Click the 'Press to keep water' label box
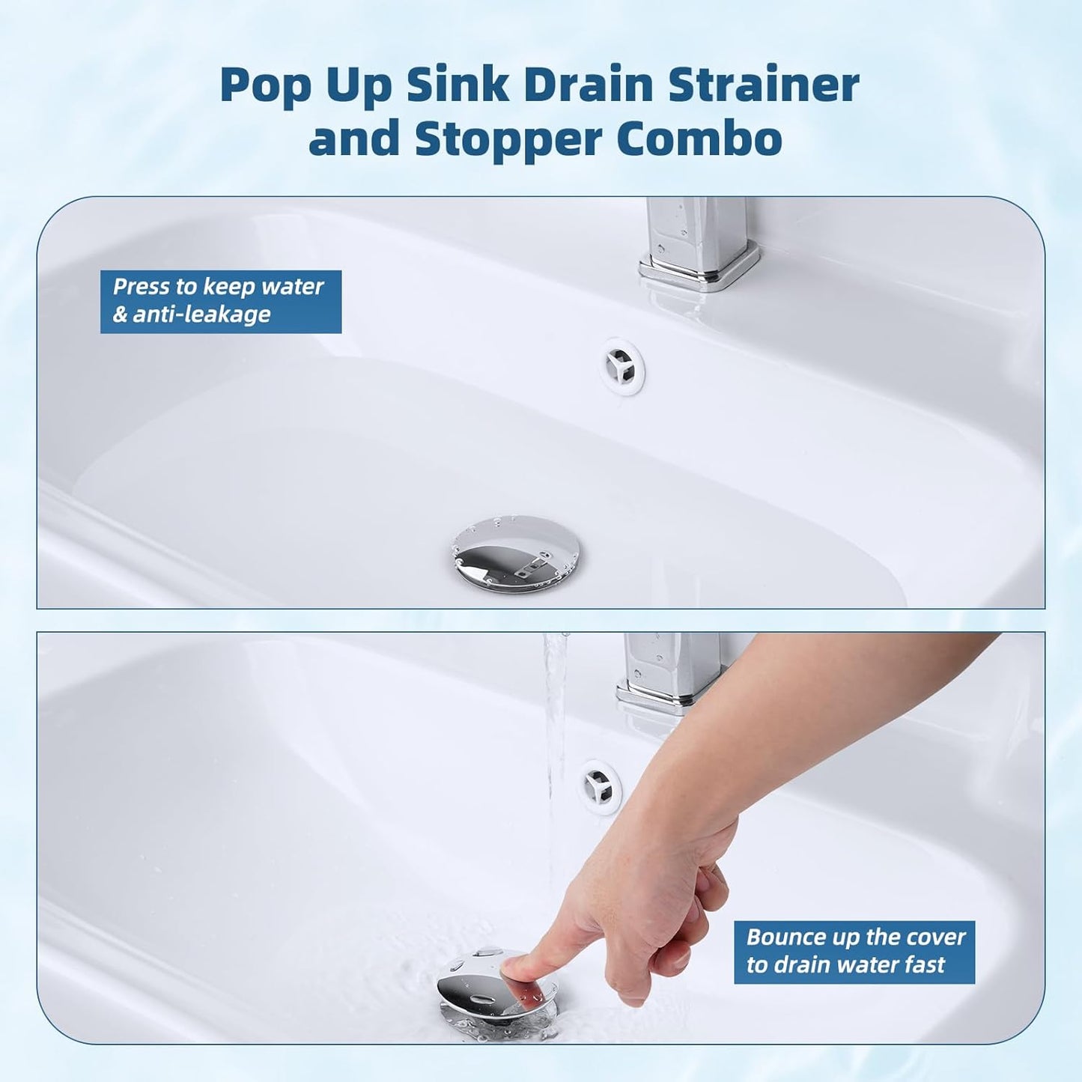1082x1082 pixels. coord(221,301)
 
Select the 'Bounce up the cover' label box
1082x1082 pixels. coord(854,952)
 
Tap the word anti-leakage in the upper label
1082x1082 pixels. coord(201,314)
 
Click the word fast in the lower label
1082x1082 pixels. coord(925,965)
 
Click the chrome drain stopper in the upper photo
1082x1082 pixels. coord(515,553)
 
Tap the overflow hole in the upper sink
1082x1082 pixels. coord(623,365)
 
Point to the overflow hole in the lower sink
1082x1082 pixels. coord(601,785)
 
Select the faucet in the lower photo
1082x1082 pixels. coord(669,674)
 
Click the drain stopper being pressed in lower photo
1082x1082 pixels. coord(494,988)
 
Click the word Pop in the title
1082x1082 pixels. coord(265,85)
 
